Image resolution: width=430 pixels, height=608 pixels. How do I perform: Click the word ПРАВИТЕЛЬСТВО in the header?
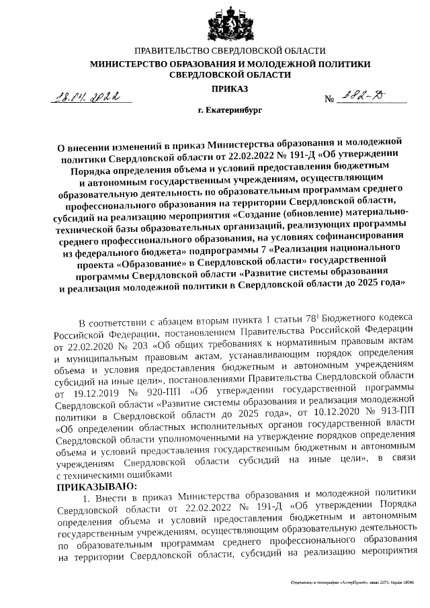point(172,51)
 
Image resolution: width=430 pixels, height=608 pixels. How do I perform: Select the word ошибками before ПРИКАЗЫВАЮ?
point(144,454)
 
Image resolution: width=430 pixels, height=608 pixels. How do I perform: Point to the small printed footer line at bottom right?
point(351,585)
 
